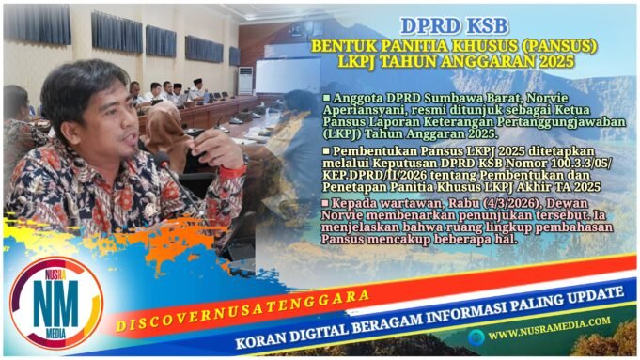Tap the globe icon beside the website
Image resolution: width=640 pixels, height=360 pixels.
[474, 334]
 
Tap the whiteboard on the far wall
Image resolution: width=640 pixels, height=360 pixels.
[288, 75]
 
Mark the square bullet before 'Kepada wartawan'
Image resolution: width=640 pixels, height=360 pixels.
[325, 202]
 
